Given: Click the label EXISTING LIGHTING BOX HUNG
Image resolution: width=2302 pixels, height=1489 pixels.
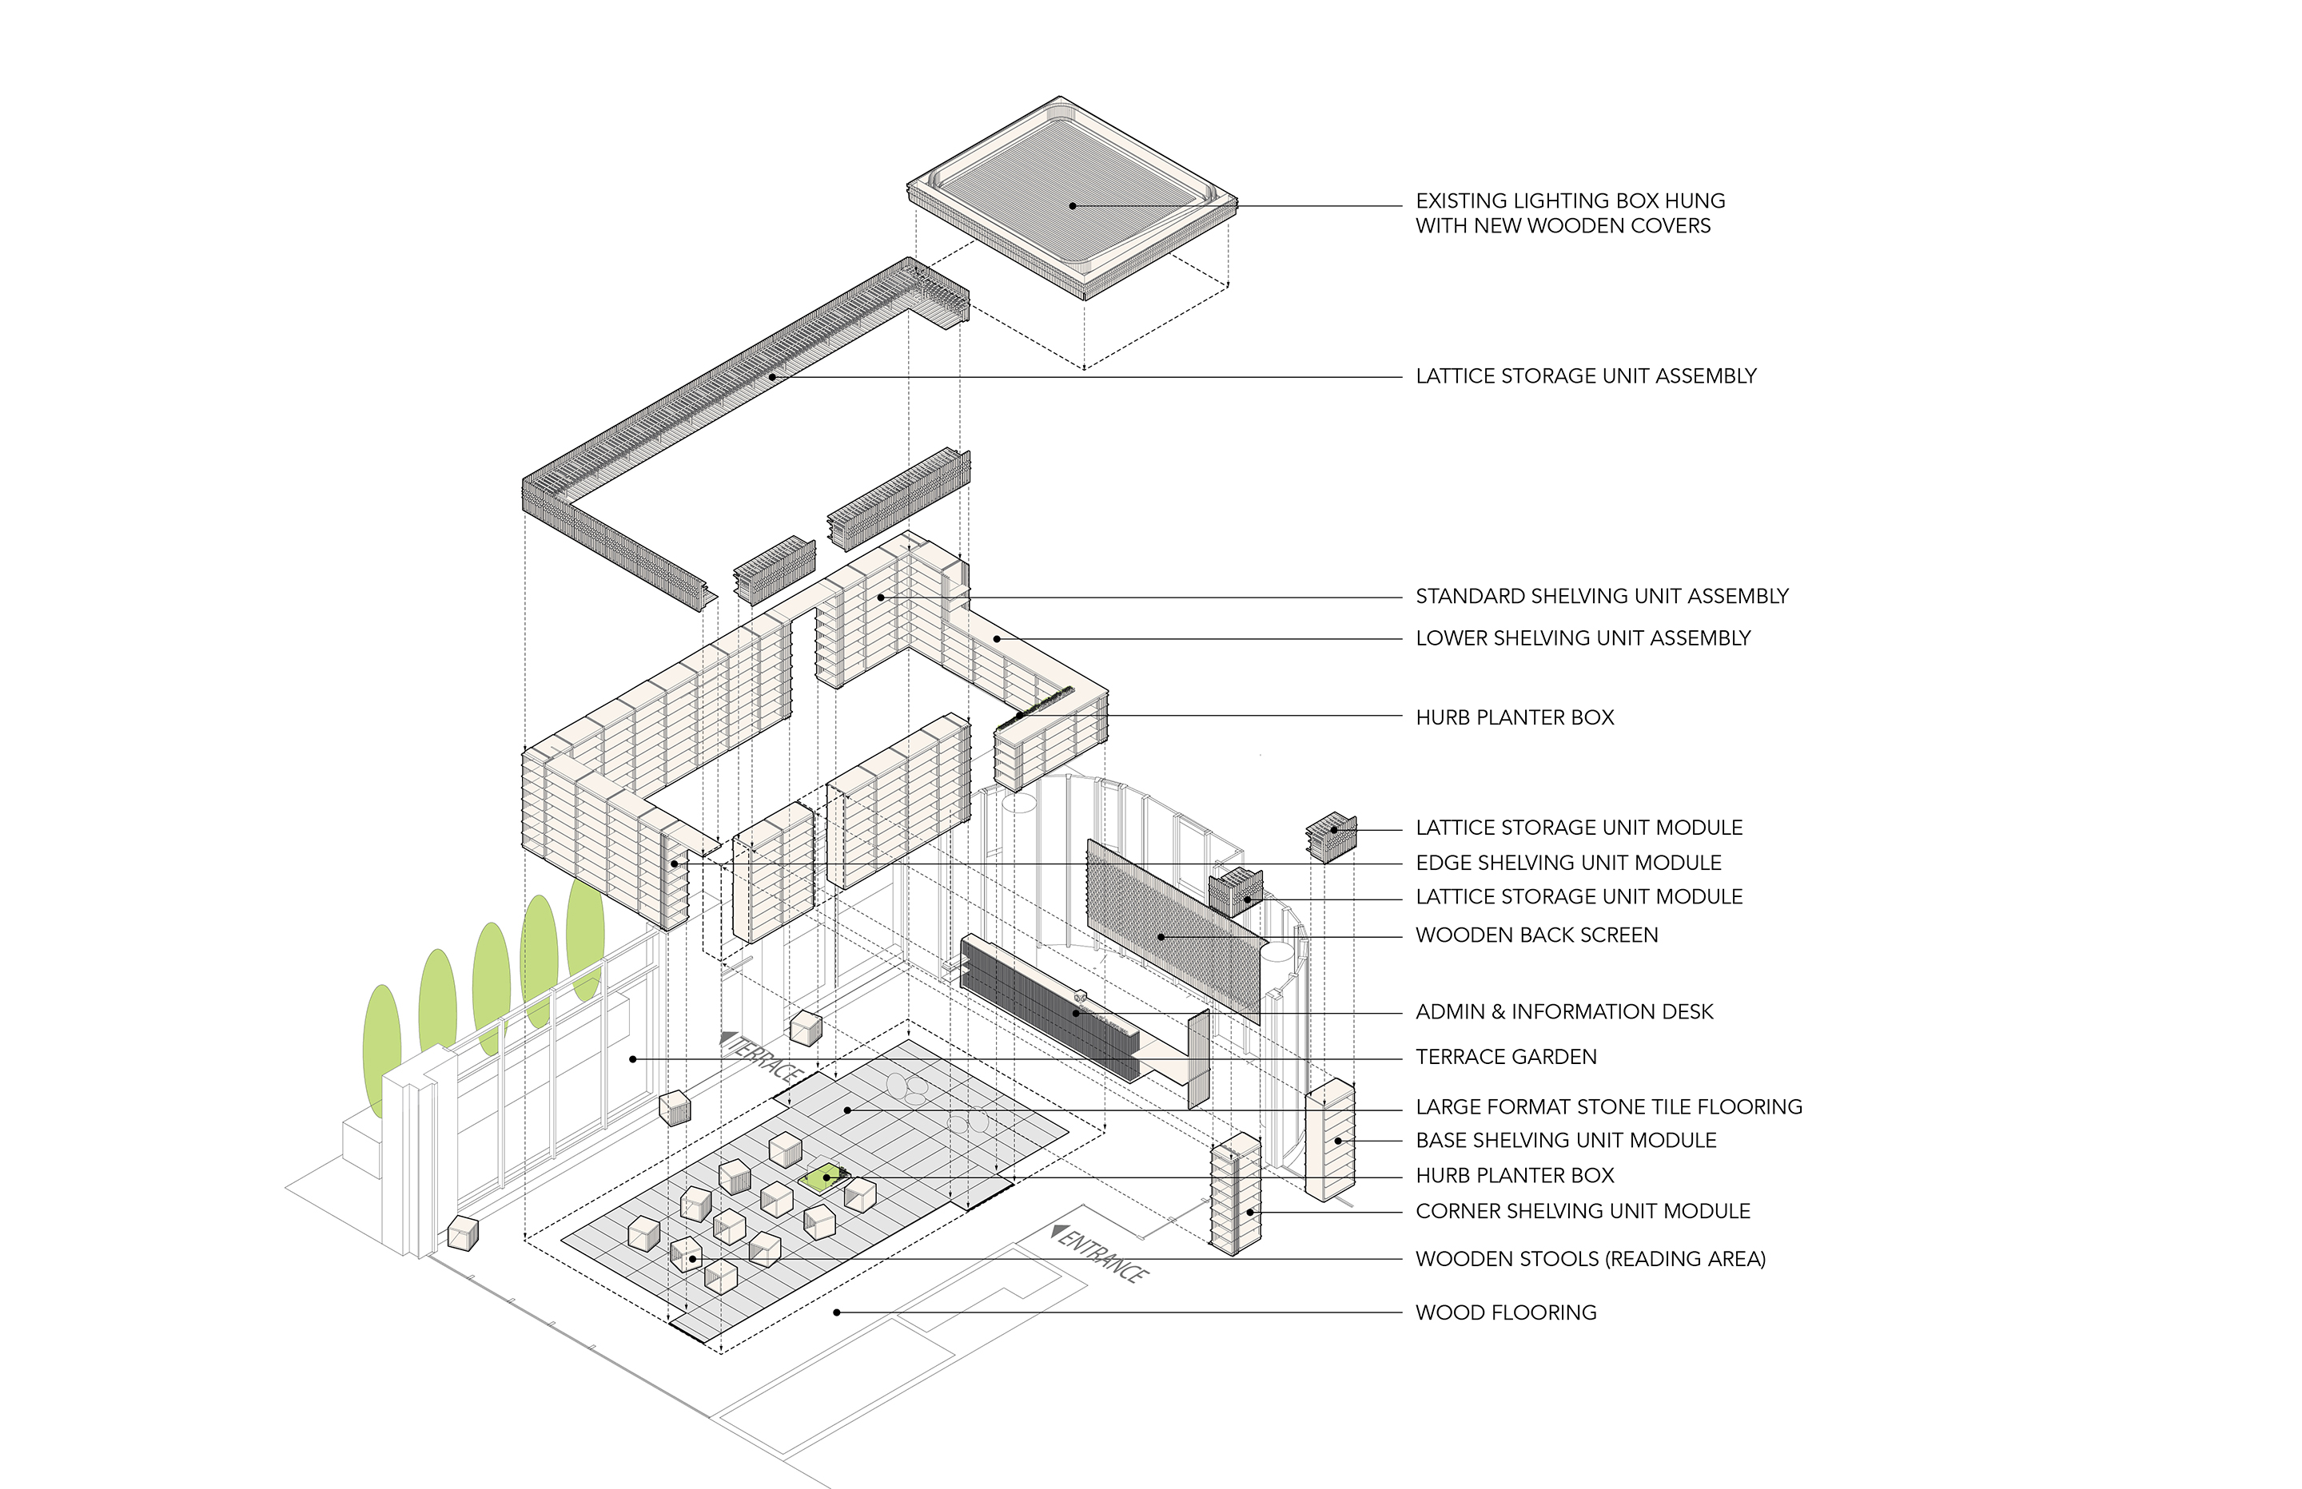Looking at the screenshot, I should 1570,201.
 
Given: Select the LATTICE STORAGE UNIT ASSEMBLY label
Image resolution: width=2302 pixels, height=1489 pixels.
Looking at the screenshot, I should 1585,376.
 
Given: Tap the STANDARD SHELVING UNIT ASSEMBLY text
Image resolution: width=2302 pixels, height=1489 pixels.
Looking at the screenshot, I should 1602,597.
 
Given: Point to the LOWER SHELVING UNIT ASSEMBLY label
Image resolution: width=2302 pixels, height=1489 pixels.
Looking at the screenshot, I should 1583,638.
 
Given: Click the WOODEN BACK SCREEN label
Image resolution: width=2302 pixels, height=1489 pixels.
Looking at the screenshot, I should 1536,935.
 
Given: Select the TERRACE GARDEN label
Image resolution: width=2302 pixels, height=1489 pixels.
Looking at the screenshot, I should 1506,1057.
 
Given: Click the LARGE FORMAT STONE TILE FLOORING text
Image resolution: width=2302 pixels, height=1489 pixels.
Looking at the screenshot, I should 1608,1106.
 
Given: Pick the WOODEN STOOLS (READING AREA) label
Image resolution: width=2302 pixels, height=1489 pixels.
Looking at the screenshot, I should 1590,1259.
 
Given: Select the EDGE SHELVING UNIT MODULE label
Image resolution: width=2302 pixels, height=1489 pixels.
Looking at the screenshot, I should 1568,863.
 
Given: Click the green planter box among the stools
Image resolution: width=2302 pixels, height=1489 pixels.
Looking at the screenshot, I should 824,1177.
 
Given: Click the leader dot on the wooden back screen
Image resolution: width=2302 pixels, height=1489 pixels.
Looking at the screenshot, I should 1161,936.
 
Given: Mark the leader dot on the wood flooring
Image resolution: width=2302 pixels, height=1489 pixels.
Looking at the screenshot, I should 837,1312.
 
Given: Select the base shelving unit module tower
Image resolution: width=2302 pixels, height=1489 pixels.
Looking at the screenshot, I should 1330,1141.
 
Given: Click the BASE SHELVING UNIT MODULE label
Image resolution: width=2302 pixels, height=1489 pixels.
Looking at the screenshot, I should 1566,1140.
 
